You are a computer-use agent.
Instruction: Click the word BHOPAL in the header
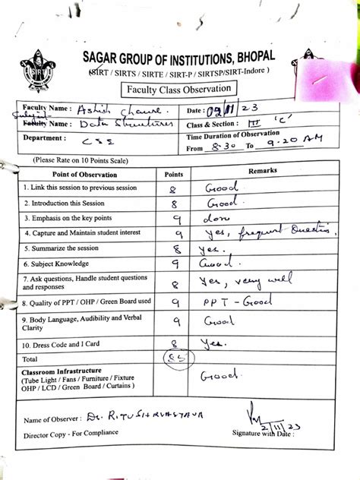[254, 57]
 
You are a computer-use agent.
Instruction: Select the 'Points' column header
[174, 174]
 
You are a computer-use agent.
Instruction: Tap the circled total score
[175, 358]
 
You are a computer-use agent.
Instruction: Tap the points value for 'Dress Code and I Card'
[175, 343]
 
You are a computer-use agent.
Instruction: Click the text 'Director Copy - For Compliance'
[71, 433]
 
